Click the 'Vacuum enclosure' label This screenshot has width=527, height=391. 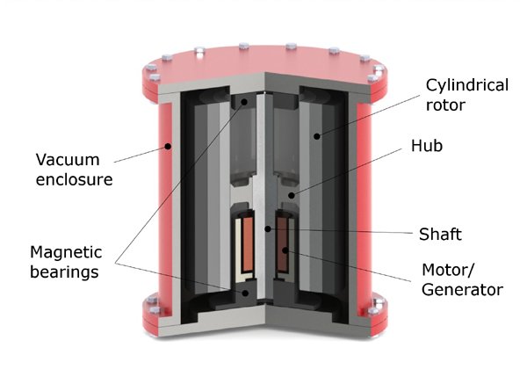[74, 170]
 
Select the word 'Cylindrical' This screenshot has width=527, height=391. [466, 85]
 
